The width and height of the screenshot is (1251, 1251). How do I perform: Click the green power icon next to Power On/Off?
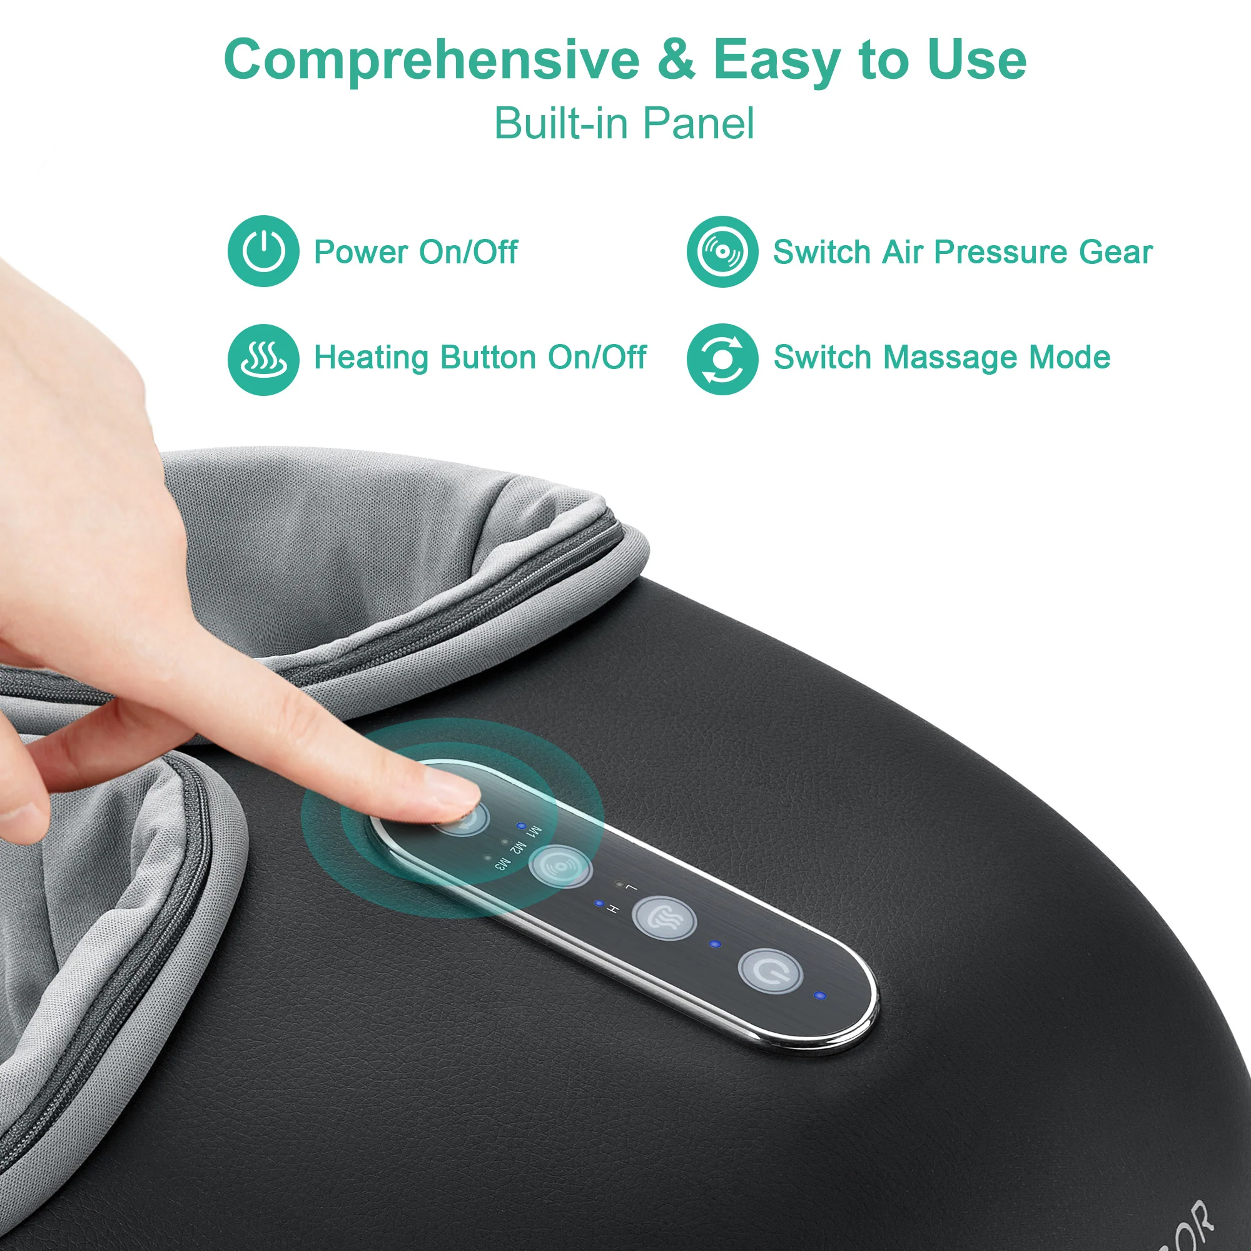263,251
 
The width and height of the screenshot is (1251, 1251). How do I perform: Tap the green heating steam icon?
263,360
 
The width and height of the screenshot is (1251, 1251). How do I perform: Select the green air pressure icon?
722,251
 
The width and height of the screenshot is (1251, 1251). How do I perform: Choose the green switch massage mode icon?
722,360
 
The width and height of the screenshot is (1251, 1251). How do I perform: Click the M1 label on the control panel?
535,831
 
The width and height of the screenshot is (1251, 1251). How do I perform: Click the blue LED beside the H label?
599,903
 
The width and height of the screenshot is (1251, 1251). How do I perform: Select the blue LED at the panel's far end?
821,995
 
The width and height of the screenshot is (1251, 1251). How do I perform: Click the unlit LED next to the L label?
619,884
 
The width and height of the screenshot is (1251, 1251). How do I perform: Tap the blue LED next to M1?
520,826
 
